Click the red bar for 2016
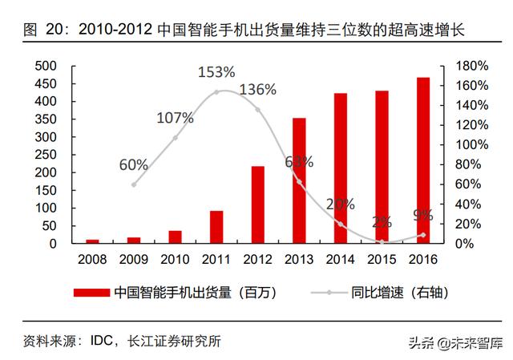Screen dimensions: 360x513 click(423, 160)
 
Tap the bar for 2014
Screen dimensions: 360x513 click(341, 168)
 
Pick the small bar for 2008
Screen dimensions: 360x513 click(93, 241)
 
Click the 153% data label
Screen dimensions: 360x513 click(216, 73)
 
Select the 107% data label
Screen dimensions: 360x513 click(176, 118)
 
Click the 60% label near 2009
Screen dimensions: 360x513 click(134, 164)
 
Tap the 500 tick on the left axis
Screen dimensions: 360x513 click(46, 66)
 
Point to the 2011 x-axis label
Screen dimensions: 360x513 click(216, 261)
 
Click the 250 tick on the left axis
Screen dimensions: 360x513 click(46, 155)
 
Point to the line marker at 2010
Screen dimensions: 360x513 click(176, 138)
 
